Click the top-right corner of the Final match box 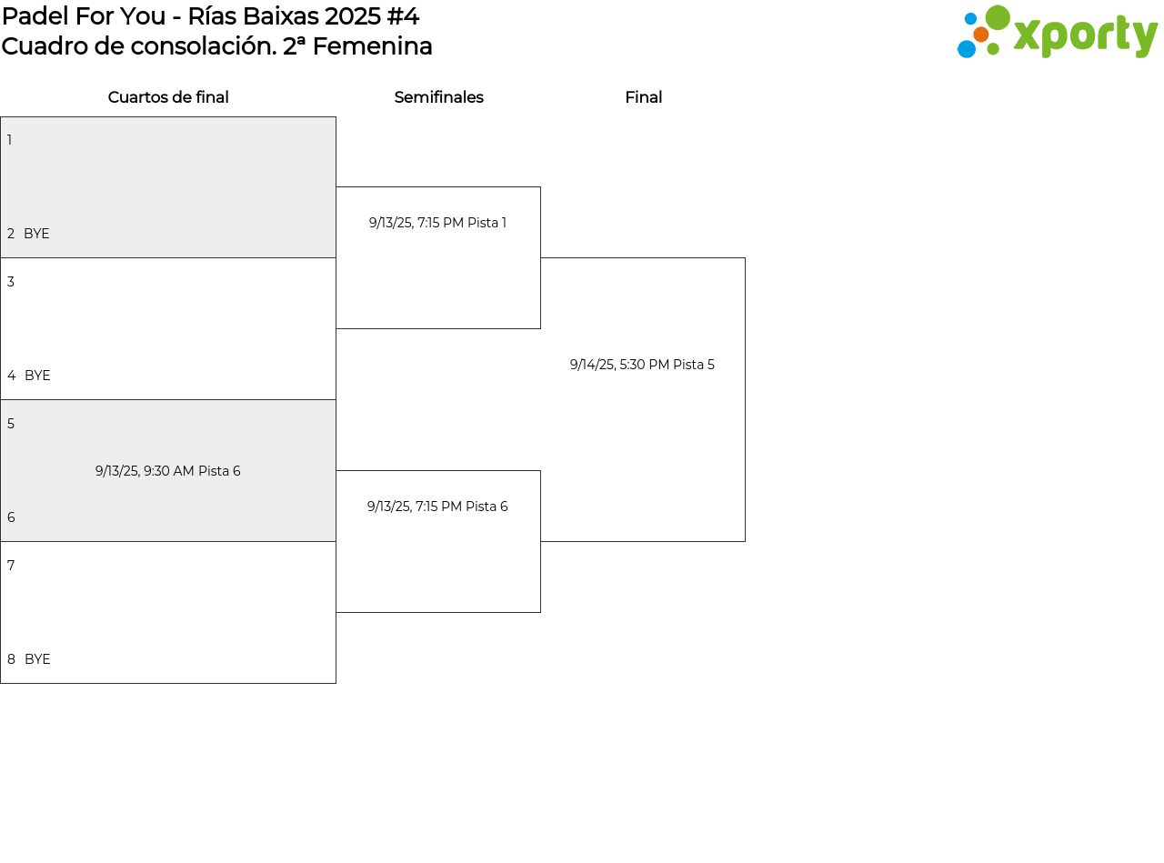(x=745, y=257)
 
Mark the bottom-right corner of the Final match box (x=745, y=541)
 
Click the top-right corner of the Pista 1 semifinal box (x=540, y=187)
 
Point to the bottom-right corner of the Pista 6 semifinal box (x=540, y=612)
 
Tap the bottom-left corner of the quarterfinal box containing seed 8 (x=1, y=683)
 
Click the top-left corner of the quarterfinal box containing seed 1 (x=1, y=117)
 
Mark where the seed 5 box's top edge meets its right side (x=336, y=399)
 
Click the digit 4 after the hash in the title (x=411, y=16)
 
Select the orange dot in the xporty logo (x=981, y=35)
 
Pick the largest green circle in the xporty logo (x=998, y=17)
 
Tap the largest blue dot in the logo (x=967, y=49)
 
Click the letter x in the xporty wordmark (x=1028, y=35)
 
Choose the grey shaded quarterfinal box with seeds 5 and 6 (x=168, y=470)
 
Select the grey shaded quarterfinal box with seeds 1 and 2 (x=168, y=187)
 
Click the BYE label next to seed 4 (x=37, y=376)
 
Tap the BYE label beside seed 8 (x=37, y=658)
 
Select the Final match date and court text (x=642, y=365)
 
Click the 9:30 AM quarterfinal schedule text (x=167, y=471)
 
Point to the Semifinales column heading (x=438, y=97)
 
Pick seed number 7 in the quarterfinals (x=11, y=566)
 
